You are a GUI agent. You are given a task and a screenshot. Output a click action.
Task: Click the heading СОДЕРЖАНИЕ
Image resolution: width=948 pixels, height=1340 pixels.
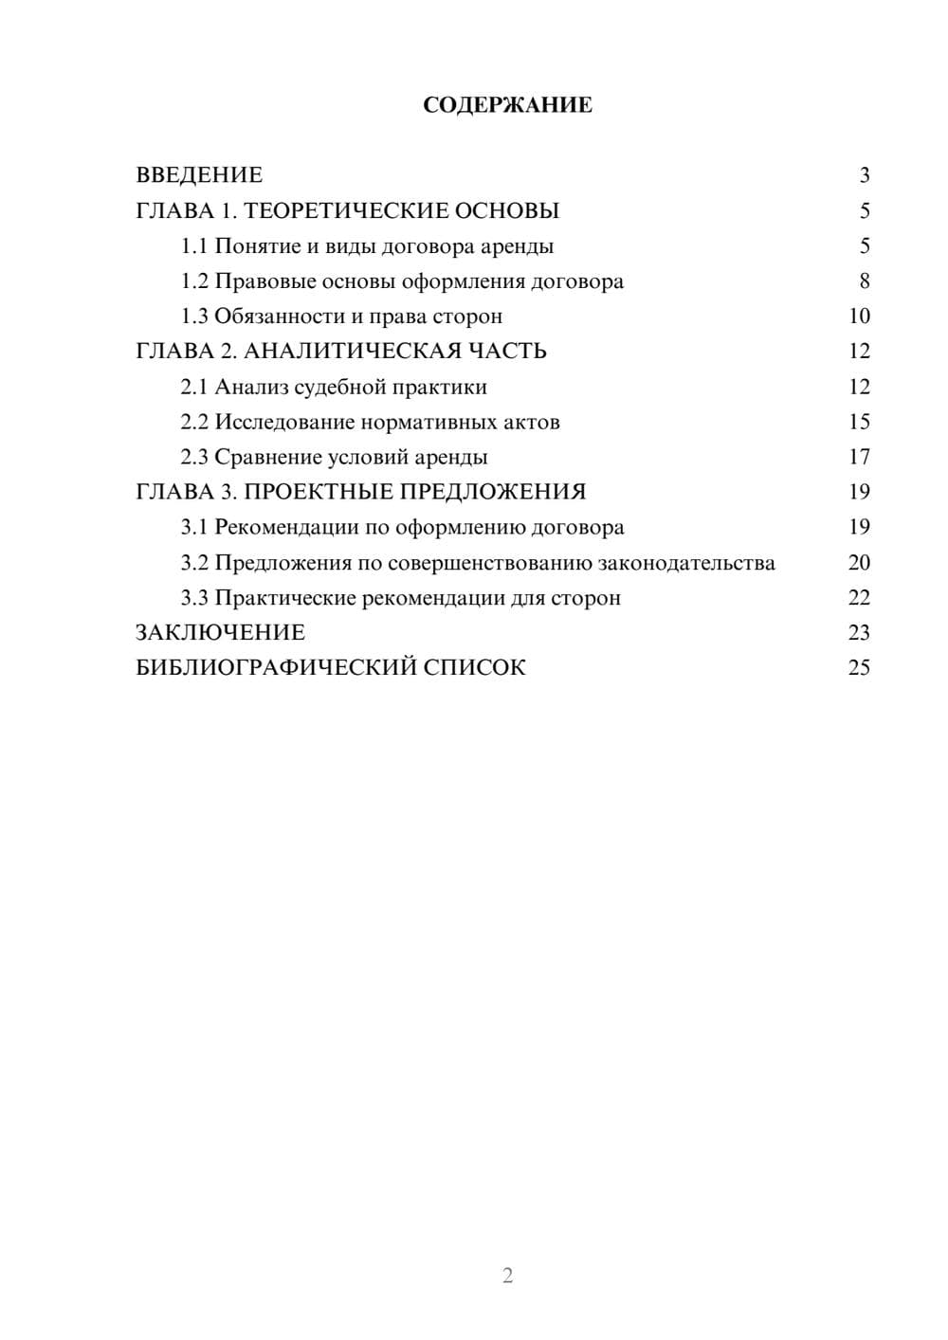[x=507, y=105]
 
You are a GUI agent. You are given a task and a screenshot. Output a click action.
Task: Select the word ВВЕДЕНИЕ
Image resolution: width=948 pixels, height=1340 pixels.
[x=199, y=175]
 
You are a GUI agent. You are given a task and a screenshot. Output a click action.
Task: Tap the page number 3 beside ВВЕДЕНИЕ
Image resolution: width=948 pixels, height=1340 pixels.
[x=864, y=175]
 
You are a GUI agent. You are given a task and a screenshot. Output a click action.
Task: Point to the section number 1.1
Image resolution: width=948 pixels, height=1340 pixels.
[x=194, y=246]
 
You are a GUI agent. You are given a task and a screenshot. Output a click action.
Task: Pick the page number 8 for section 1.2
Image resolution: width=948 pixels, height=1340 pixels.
[x=864, y=281]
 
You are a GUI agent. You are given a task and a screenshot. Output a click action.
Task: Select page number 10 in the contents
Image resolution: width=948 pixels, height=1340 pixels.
[x=859, y=317]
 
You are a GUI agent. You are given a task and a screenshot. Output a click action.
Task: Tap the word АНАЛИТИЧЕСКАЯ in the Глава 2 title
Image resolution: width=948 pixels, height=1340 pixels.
[x=351, y=352]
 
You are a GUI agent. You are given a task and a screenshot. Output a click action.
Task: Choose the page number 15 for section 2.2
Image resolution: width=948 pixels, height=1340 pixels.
[x=859, y=422]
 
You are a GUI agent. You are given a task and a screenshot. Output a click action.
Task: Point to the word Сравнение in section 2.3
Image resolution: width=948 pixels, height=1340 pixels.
[x=268, y=457]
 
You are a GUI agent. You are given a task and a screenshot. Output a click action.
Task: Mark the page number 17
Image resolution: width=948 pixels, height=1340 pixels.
[x=859, y=457]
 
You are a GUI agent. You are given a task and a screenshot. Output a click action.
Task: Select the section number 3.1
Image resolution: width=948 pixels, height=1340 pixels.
[x=194, y=527]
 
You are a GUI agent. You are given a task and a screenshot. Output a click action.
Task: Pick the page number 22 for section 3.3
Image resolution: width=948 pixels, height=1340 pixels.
[x=859, y=598]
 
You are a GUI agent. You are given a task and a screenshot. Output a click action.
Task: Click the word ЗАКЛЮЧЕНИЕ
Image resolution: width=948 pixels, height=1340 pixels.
[x=220, y=632]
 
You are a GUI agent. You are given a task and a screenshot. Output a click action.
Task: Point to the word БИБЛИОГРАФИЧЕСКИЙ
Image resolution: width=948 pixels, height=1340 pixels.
[x=275, y=667]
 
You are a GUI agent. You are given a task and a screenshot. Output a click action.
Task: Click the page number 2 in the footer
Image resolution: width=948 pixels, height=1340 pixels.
[x=507, y=1276]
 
